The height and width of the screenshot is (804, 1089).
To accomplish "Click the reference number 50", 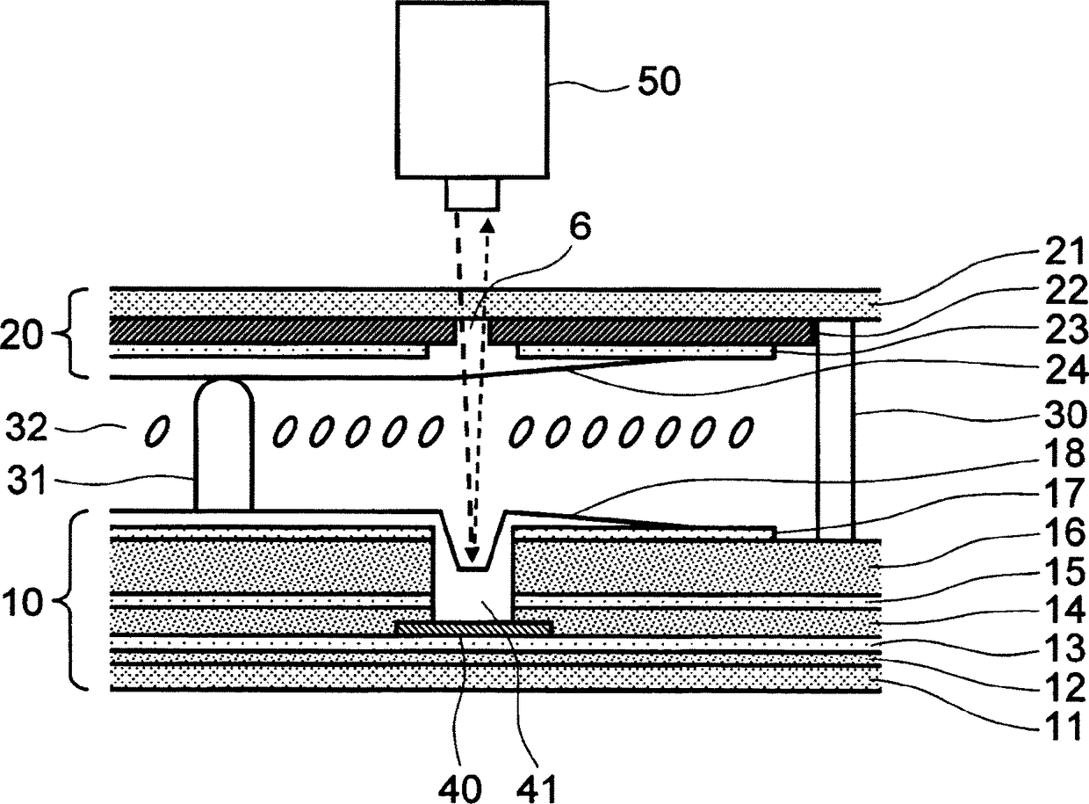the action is pos(660,82).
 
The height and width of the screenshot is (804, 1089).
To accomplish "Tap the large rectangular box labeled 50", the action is pos(472,90).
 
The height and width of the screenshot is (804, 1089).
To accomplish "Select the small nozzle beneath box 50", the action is pos(472,194).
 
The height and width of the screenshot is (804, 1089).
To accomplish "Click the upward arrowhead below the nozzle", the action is pos(487,226).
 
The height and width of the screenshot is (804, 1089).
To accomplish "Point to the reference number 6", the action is pos(580,227).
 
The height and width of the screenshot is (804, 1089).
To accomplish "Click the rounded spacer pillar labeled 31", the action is pos(224,445).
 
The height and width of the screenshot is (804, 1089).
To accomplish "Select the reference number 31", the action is pos(27,480).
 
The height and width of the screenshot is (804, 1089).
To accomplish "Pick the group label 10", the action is pos(23,601).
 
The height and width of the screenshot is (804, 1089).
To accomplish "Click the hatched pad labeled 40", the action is pos(475,628).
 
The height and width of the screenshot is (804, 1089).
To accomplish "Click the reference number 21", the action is pos(1064,251).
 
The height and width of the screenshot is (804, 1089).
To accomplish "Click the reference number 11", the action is pos(1063,726).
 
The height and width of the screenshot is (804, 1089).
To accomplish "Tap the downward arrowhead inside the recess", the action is pos(472,555).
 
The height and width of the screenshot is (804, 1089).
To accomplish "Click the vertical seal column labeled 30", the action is pos(835,430).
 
